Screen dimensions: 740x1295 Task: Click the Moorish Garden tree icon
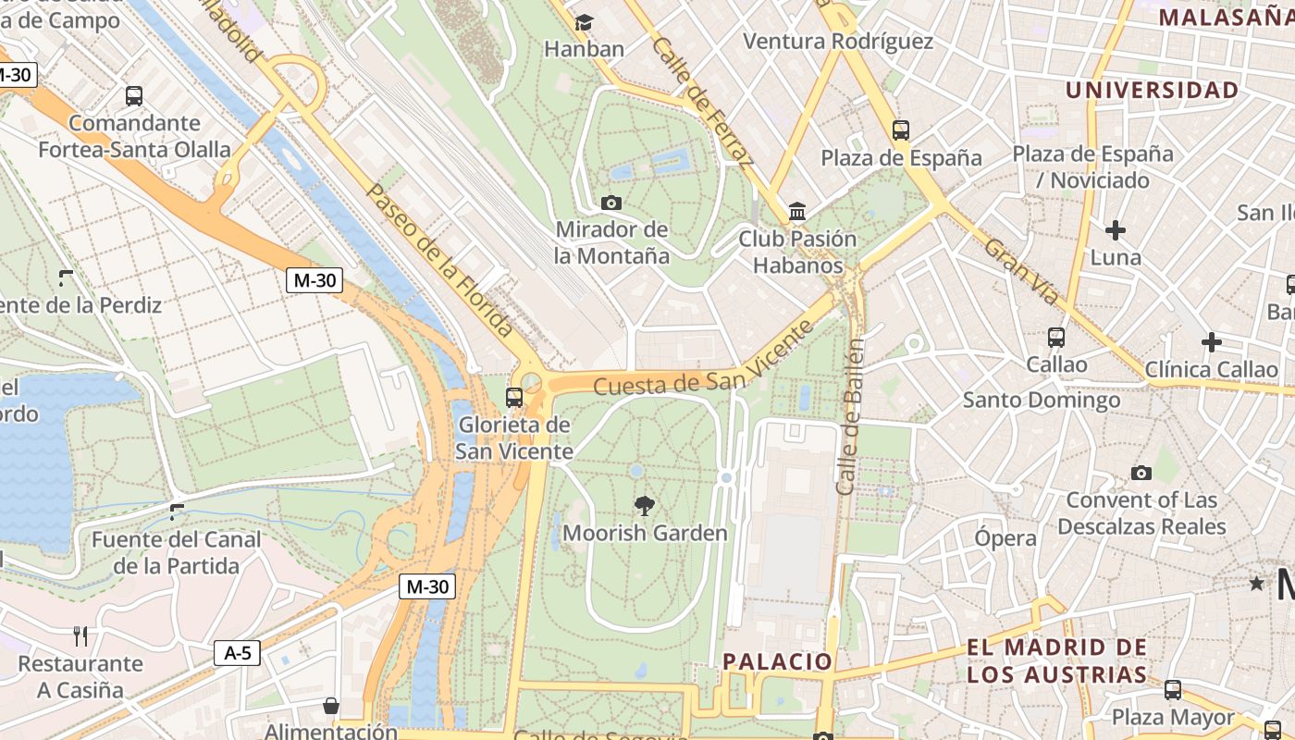[x=645, y=505]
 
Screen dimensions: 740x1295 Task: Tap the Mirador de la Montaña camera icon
[x=610, y=203]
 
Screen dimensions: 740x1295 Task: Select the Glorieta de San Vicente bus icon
[x=514, y=398]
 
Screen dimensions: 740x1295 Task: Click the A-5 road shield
[x=238, y=653]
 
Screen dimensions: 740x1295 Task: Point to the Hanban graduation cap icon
[x=584, y=22]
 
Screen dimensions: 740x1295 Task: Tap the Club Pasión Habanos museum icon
[x=797, y=212]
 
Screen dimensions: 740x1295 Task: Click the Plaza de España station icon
[x=901, y=130]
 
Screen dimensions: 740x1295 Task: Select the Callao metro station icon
[x=1056, y=338]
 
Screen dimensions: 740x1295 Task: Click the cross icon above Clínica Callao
[x=1211, y=343]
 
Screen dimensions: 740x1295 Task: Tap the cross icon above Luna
[x=1116, y=230]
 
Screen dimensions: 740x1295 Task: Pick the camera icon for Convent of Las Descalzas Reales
[x=1141, y=473]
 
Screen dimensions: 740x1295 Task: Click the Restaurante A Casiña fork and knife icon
[x=80, y=636]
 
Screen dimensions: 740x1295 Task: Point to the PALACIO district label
[x=778, y=661]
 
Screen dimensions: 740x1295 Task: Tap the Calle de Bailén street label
[x=850, y=416]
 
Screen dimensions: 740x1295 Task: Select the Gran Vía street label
[x=1020, y=271]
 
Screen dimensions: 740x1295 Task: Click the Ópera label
[x=1005, y=538]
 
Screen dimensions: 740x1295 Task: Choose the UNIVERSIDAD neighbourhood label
[x=1152, y=90]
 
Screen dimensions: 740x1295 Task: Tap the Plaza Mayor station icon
[x=1173, y=690]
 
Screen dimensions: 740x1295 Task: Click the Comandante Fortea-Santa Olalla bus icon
[x=134, y=95]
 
